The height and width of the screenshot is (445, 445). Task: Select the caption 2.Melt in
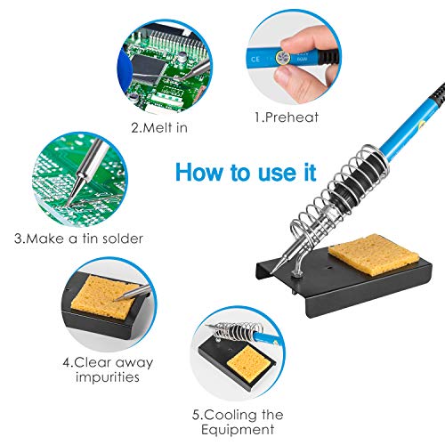click(x=162, y=127)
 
